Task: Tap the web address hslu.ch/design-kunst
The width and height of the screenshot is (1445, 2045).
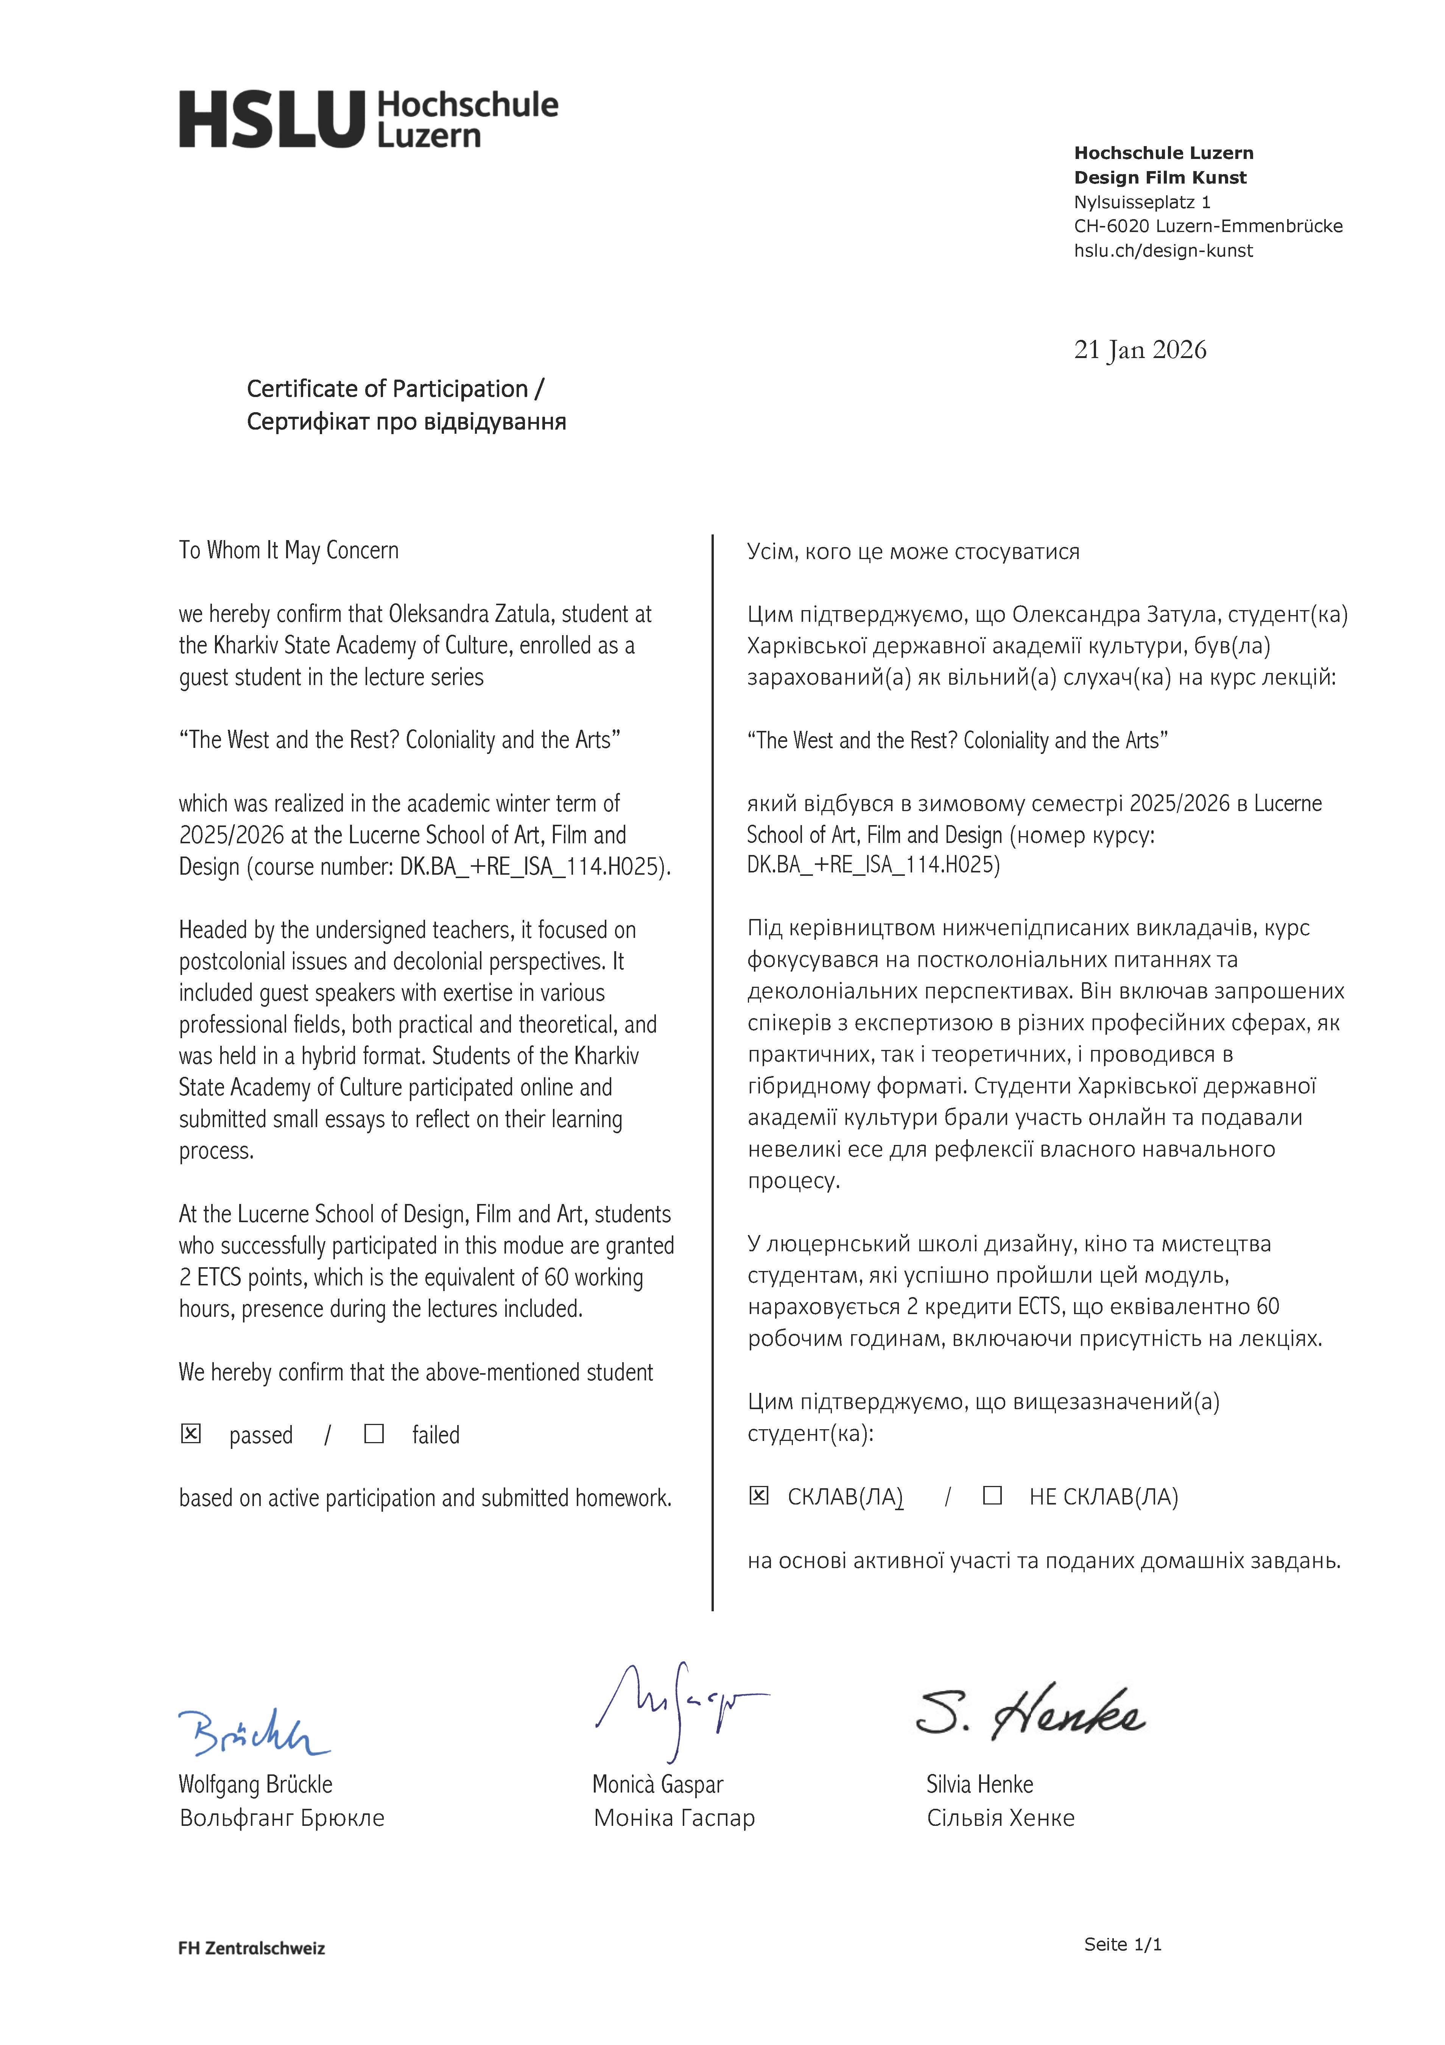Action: (x=1163, y=251)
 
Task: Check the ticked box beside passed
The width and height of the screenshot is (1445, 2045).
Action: (x=191, y=1433)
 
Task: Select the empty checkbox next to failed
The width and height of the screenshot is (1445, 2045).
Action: (x=374, y=1433)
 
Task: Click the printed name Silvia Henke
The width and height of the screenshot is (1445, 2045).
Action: (x=979, y=1784)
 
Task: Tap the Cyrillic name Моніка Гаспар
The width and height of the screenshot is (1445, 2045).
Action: (x=674, y=1818)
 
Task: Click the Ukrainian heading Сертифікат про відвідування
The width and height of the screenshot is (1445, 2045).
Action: (x=406, y=421)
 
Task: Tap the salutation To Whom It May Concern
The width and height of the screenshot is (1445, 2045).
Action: (x=289, y=550)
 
